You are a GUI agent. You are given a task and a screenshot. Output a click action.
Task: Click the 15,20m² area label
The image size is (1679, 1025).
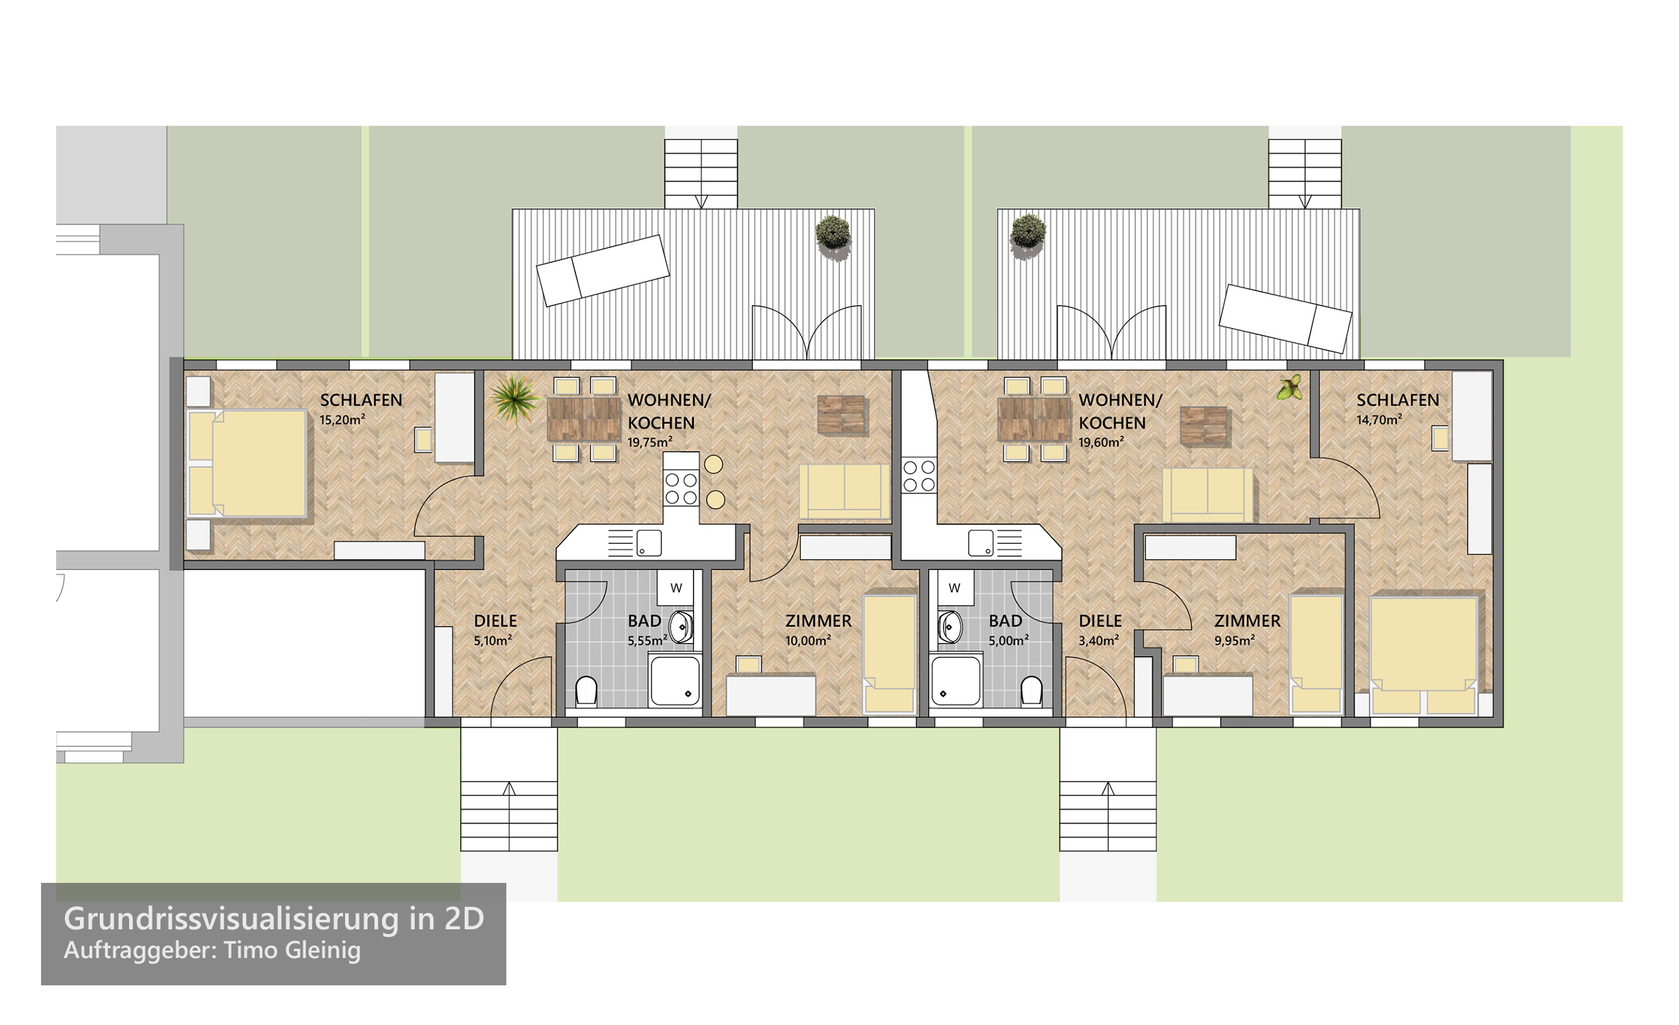click(342, 420)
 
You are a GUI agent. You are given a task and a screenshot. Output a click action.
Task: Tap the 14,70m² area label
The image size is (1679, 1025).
click(1379, 420)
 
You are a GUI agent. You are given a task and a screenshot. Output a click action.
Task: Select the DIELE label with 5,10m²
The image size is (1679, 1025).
click(495, 621)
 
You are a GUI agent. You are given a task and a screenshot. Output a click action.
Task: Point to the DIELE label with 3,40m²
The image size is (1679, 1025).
click(1100, 621)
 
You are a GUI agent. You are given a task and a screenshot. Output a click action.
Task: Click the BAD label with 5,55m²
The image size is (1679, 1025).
click(644, 621)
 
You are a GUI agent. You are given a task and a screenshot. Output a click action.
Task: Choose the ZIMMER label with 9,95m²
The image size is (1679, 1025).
click(1247, 621)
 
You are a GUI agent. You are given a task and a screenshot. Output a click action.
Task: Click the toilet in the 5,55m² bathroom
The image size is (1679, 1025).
click(586, 690)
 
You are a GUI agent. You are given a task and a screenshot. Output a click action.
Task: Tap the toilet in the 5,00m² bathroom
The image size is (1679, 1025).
click(1032, 690)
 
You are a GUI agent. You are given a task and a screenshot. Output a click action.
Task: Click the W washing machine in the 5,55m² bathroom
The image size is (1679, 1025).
click(676, 588)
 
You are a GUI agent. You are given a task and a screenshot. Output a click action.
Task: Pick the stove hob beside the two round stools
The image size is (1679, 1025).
click(681, 488)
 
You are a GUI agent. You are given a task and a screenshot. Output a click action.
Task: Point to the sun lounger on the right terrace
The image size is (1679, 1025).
click(1285, 318)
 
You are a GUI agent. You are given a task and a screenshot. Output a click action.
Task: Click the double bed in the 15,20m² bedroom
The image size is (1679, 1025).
click(247, 463)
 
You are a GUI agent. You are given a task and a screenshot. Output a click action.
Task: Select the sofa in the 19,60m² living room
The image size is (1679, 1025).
click(1208, 495)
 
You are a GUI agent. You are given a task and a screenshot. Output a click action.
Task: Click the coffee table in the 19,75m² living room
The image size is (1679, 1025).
click(843, 414)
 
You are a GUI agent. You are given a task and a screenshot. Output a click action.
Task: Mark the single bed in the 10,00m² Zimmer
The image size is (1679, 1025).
click(889, 655)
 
